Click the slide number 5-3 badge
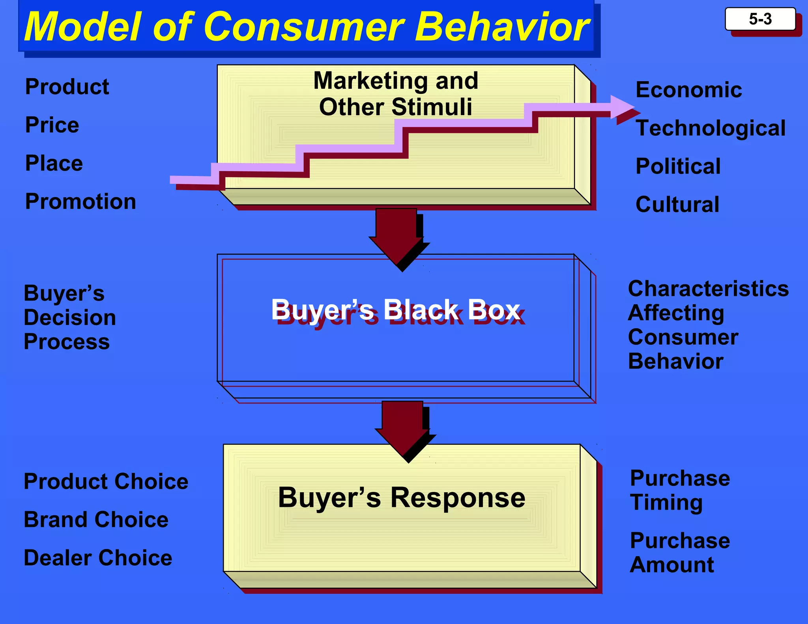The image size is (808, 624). (x=760, y=19)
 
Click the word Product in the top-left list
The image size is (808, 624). (x=67, y=87)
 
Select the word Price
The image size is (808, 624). (x=52, y=125)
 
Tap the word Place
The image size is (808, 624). (x=54, y=163)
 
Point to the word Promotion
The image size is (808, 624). (x=80, y=202)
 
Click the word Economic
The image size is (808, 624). (x=688, y=90)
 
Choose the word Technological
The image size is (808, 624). (x=711, y=128)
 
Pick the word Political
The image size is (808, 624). (x=678, y=166)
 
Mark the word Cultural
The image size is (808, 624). (x=677, y=204)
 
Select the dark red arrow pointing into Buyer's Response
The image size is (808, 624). (x=403, y=428)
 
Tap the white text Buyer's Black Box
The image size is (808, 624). (x=395, y=310)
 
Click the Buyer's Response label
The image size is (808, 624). (x=402, y=498)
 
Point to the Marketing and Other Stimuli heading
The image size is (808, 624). (x=396, y=93)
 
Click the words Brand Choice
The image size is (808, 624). (x=96, y=519)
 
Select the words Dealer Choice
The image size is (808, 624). (x=98, y=558)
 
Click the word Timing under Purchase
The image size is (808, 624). (x=666, y=503)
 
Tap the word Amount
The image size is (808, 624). (x=671, y=565)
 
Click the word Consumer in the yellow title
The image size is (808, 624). (x=304, y=27)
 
